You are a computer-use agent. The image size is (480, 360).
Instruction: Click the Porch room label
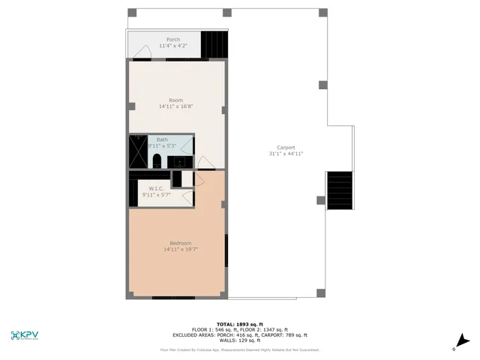(172, 40)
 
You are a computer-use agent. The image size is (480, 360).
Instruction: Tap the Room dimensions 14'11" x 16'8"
(176, 106)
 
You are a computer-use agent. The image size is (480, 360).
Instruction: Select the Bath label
(162, 139)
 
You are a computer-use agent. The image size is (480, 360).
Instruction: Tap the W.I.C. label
(156, 188)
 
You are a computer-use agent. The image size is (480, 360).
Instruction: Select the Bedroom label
(180, 243)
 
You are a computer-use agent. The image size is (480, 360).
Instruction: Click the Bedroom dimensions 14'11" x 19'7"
(180, 250)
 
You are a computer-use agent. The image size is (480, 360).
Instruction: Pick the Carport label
(286, 147)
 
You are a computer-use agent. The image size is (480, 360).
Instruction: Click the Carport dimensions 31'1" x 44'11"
(286, 154)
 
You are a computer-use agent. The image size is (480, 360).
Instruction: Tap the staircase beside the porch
(214, 42)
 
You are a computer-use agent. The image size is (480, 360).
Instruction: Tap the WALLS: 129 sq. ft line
(239, 340)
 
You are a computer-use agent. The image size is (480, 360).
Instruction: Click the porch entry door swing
(142, 51)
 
